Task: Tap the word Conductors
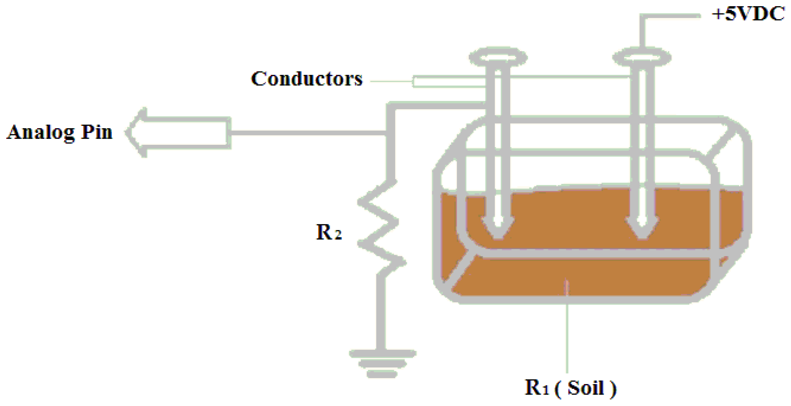(x=307, y=79)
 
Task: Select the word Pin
(x=97, y=132)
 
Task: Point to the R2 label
(x=329, y=232)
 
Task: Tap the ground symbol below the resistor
(x=382, y=364)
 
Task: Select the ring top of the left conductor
(x=498, y=57)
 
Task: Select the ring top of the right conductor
(x=642, y=57)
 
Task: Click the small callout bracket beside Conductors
(x=448, y=82)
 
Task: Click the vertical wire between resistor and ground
(x=381, y=313)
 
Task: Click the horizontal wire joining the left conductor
(x=436, y=105)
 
